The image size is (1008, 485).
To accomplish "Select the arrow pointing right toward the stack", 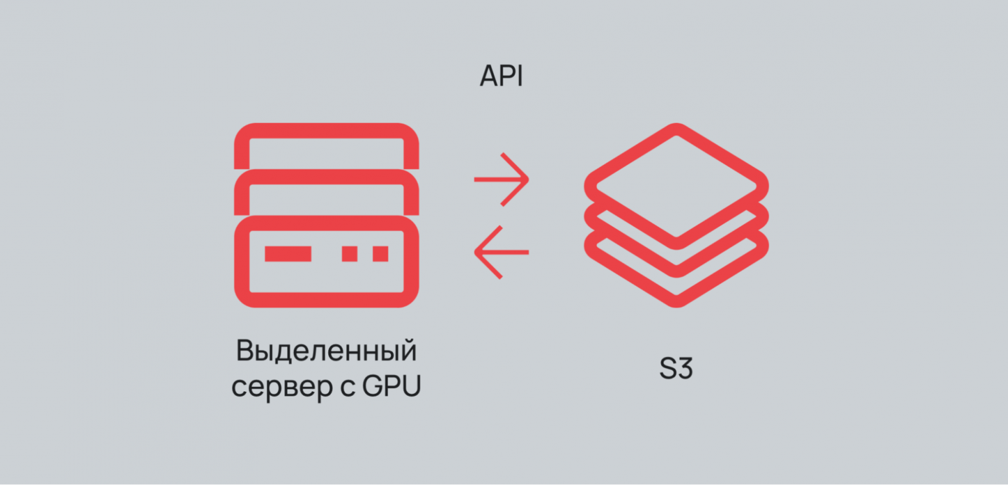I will [x=501, y=179].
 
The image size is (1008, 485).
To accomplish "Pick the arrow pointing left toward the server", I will [x=501, y=252].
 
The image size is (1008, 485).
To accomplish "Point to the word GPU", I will [x=391, y=386].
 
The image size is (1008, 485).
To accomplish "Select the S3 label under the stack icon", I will [x=676, y=369].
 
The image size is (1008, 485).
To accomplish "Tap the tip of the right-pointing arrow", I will [x=527, y=179].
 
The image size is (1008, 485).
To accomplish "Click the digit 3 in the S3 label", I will [x=685, y=369].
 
